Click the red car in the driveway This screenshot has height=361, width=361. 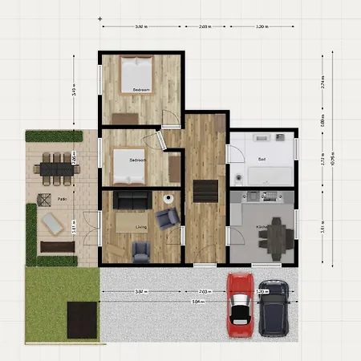[x=240, y=304]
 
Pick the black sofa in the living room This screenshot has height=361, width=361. [x=130, y=198]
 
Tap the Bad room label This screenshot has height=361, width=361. [x=262, y=160]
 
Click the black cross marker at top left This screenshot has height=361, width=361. [x=99, y=18]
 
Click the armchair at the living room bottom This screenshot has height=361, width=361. [x=141, y=253]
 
